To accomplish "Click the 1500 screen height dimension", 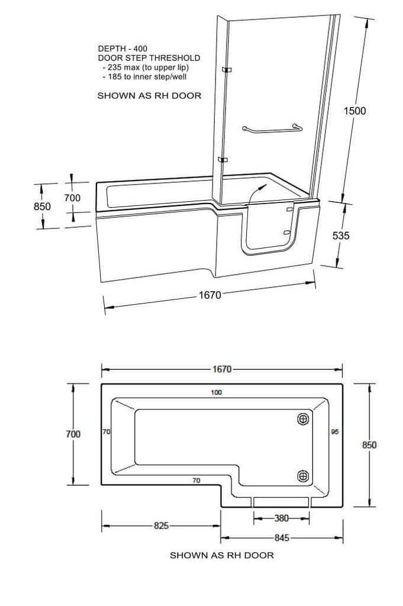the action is (x=354, y=111).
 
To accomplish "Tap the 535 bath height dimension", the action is (x=341, y=236).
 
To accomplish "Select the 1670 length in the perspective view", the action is (x=210, y=295).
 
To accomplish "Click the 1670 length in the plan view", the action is (x=222, y=369).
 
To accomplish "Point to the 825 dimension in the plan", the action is (x=161, y=526).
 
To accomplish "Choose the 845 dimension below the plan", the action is (x=282, y=537).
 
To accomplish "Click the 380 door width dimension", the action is (x=281, y=518).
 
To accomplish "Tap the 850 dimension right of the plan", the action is (x=369, y=445).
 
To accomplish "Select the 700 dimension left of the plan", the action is (x=73, y=434).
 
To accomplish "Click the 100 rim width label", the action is (x=217, y=393).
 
